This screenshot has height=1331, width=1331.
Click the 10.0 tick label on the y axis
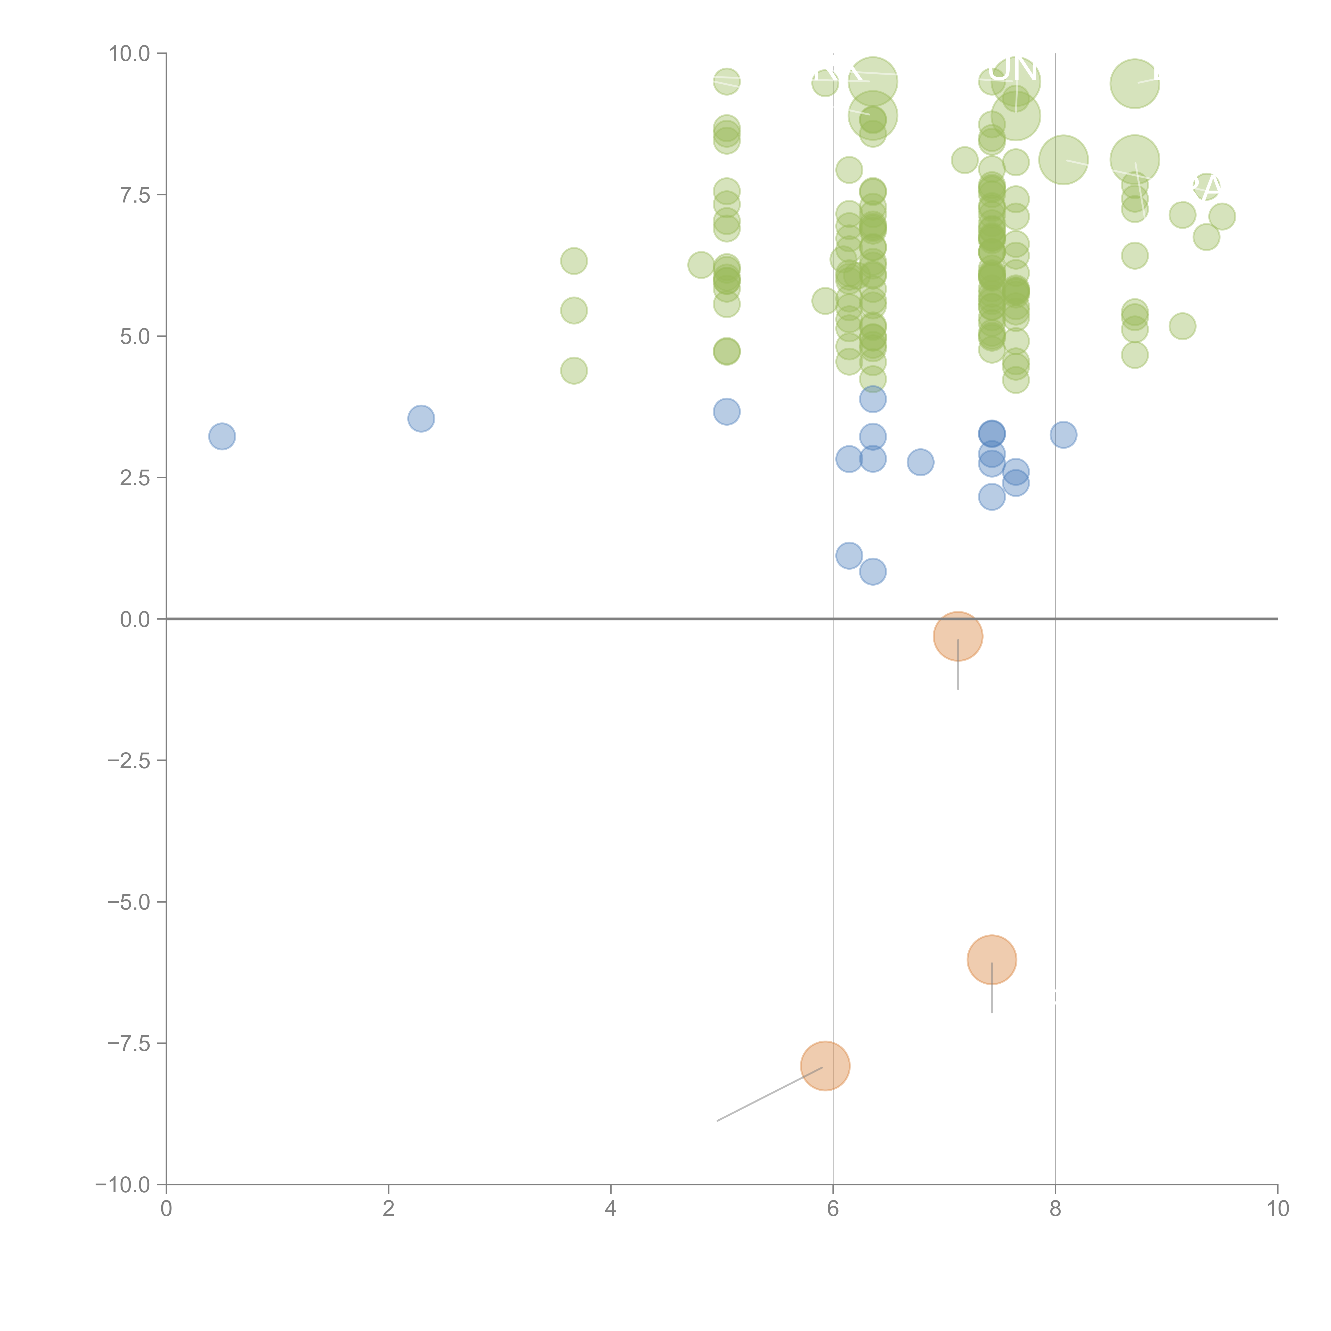coord(130,54)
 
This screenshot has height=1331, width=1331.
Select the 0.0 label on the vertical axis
coord(135,619)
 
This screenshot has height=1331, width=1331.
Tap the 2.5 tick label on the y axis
coord(135,478)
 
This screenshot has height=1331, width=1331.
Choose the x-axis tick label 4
coord(610,1208)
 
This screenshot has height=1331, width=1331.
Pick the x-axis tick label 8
coord(1055,1208)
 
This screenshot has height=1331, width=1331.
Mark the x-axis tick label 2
coord(389,1208)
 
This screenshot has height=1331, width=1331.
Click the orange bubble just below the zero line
coord(958,636)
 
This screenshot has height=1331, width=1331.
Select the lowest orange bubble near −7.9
coord(825,1066)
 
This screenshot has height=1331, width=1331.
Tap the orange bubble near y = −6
coord(991,960)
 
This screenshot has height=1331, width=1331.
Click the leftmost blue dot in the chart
coord(222,436)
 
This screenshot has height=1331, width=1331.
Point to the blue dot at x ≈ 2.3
coord(421,418)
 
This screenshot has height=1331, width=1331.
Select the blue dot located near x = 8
coord(1063,435)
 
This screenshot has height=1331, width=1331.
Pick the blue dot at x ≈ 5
coord(726,412)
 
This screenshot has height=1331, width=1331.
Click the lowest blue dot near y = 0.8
coord(872,572)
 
